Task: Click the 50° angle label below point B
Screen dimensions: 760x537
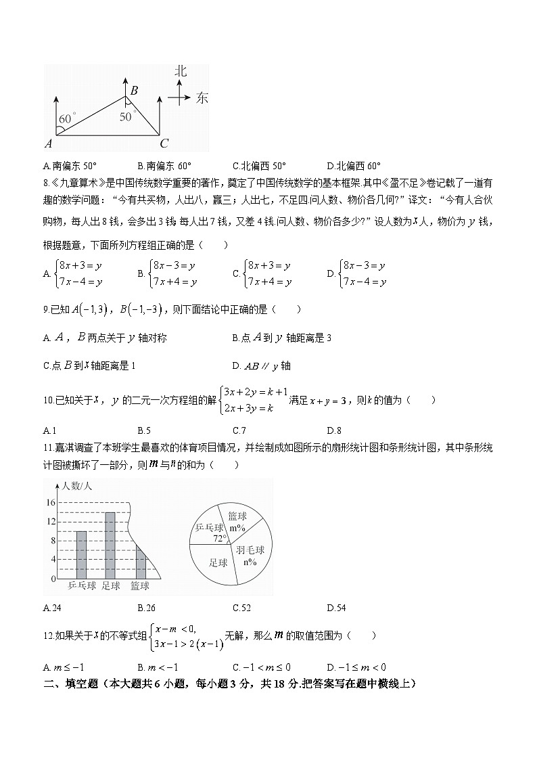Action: click(127, 116)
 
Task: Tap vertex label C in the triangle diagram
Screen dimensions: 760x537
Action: click(164, 143)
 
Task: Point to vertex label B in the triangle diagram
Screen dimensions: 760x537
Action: click(134, 90)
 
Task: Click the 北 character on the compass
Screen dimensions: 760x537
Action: click(180, 71)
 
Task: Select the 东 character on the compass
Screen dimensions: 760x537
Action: click(202, 98)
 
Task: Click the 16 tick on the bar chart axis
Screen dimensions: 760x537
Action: click(51, 503)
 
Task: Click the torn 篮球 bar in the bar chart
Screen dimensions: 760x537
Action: click(141, 561)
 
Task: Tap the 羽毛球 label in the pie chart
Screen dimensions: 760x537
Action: click(250, 550)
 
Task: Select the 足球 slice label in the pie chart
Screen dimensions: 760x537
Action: click(218, 562)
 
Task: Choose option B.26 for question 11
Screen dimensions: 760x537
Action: click(146, 608)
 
